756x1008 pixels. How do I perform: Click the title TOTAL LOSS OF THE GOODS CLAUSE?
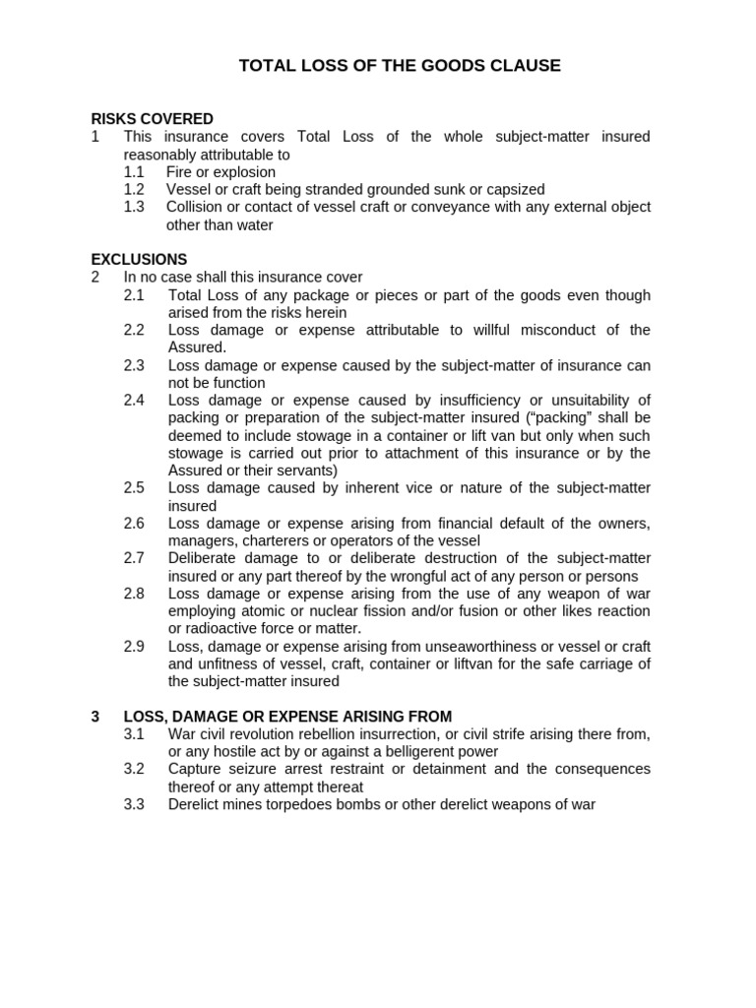[x=400, y=66]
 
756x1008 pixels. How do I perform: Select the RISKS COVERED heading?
[x=152, y=119]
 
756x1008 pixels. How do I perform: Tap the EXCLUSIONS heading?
[x=139, y=260]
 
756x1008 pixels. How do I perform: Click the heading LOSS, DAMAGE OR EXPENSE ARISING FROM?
[x=287, y=717]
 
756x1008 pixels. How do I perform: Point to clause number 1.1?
[x=134, y=172]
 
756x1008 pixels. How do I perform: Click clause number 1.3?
[x=134, y=207]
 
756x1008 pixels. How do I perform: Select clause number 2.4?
[x=134, y=400]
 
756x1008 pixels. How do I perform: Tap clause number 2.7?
[x=134, y=558]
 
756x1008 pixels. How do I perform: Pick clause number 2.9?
[x=134, y=646]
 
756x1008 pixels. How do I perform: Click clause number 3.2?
[x=134, y=769]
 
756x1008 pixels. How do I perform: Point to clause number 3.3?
[x=134, y=804]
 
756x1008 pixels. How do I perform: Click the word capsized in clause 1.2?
[x=514, y=189]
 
